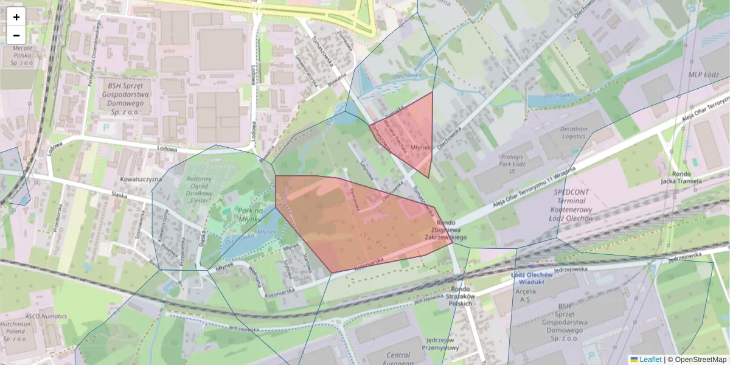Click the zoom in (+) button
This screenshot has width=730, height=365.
pyautogui.click(x=16, y=16)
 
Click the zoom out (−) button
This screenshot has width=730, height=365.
pyautogui.click(x=16, y=35)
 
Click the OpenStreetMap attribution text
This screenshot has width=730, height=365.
pyautogui.click(x=700, y=360)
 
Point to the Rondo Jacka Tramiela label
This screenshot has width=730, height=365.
pyautogui.click(x=681, y=177)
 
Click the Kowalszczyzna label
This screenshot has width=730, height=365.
pyautogui.click(x=140, y=179)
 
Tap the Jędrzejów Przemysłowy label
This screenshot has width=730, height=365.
pyautogui.click(x=442, y=344)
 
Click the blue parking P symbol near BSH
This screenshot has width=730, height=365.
pyautogui.click(x=107, y=128)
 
